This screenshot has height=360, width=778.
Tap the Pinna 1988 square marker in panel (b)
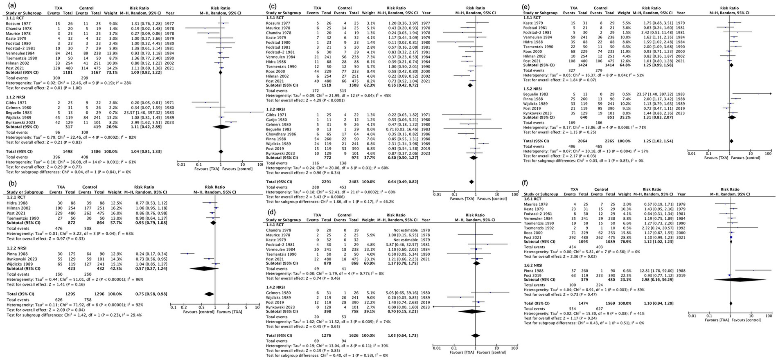(188, 254)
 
